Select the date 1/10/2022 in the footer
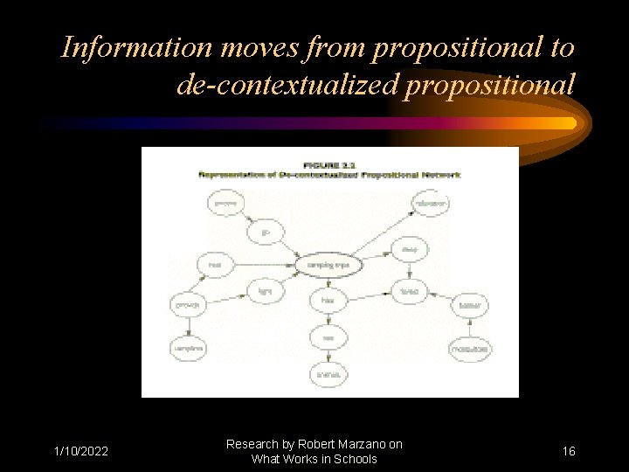(x=80, y=451)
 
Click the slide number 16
(x=569, y=451)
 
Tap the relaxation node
(x=429, y=204)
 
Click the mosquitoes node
(x=469, y=348)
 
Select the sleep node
(x=410, y=249)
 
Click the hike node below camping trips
(x=328, y=301)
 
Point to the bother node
(x=470, y=306)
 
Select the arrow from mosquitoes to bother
(x=470, y=327)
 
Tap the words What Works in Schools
(x=314, y=459)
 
